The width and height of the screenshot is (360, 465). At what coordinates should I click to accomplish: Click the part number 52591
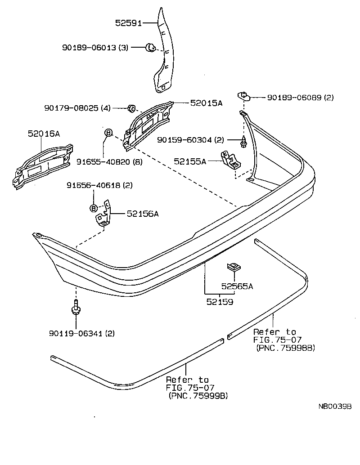click(128, 23)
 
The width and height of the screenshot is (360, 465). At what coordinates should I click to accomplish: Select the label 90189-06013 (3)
click(95, 47)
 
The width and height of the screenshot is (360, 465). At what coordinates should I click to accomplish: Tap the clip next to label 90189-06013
click(150, 47)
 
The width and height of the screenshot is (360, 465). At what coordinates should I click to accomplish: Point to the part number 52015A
click(206, 103)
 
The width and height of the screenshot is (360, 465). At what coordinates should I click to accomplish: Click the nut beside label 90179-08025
click(132, 108)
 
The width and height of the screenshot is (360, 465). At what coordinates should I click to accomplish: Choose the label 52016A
click(43, 134)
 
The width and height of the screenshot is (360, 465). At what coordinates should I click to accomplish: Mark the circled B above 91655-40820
click(108, 133)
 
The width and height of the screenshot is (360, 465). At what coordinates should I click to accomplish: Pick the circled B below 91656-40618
click(94, 208)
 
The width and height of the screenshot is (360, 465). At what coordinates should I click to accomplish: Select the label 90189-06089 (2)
click(300, 97)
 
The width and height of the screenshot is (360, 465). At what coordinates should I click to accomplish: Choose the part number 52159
click(220, 302)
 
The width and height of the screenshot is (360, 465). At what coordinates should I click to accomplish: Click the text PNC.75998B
click(285, 348)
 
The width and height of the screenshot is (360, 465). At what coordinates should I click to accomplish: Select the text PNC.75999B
click(198, 396)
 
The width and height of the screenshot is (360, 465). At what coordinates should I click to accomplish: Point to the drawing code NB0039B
click(335, 407)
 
